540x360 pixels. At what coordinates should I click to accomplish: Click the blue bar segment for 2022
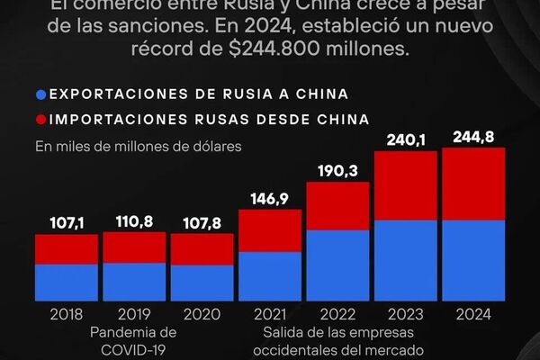(337, 265)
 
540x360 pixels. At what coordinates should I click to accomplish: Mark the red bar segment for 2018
(67, 249)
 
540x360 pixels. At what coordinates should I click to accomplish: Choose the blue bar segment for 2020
(202, 283)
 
